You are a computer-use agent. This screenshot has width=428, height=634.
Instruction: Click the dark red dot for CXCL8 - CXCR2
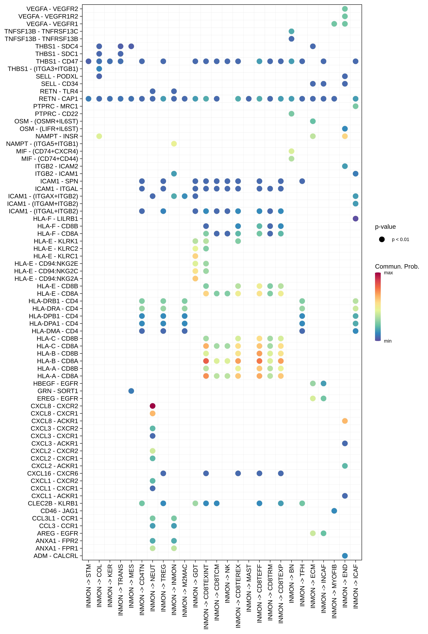pos(153,406)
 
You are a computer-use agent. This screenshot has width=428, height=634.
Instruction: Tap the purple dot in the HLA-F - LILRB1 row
pos(356,219)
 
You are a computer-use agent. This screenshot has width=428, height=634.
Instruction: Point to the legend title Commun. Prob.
pos(397,267)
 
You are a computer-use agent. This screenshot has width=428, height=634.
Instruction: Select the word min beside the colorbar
pos(388,341)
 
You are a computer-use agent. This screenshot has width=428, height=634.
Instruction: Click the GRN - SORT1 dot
pos(131,391)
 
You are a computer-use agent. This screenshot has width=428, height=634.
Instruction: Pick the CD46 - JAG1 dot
pos(334,511)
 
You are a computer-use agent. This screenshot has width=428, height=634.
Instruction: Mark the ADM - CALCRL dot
pos(345,556)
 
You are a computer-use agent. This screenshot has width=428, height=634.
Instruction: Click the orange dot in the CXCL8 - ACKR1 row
pos(345,421)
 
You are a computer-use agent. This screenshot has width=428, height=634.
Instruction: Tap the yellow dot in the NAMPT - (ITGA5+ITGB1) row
pos(174,144)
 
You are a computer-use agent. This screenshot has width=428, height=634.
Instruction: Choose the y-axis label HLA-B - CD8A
pos(58,361)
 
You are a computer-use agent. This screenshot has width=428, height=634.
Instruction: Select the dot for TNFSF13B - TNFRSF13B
pos(291,39)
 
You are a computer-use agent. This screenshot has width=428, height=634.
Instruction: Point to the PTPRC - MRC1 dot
pos(356,106)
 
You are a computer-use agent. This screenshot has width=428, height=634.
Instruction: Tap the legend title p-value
pos(385,227)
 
